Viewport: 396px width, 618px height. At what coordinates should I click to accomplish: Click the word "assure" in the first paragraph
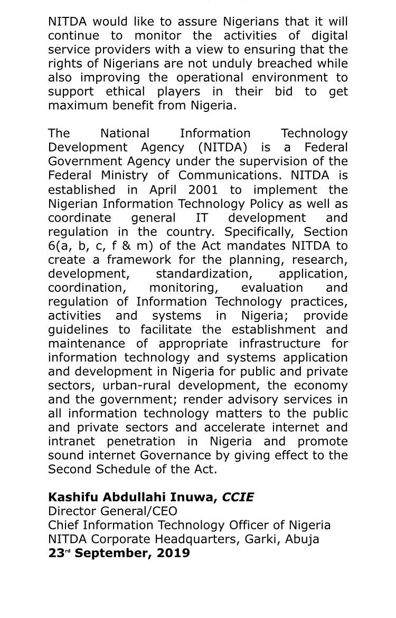click(169, 23)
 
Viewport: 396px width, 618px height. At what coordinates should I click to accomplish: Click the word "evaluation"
click(272, 288)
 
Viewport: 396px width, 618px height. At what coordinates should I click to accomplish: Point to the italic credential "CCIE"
click(238, 497)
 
